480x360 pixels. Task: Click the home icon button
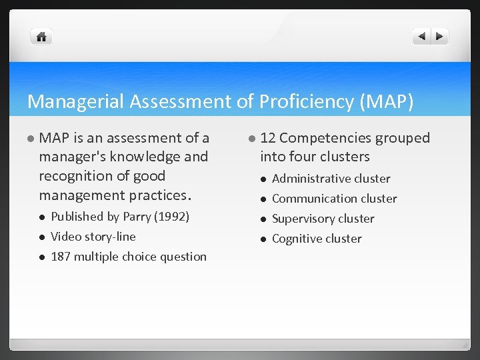[x=41, y=37]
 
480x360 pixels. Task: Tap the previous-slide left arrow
[x=422, y=37]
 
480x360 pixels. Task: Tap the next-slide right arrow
[x=439, y=37]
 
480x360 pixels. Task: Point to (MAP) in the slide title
[x=387, y=101]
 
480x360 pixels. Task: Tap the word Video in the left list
[x=65, y=237]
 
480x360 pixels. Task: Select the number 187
[x=61, y=257]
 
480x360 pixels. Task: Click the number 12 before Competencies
[x=268, y=138]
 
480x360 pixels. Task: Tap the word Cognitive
[x=297, y=239]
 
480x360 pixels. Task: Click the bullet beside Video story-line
[x=42, y=237]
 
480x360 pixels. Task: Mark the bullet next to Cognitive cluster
[x=263, y=239]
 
